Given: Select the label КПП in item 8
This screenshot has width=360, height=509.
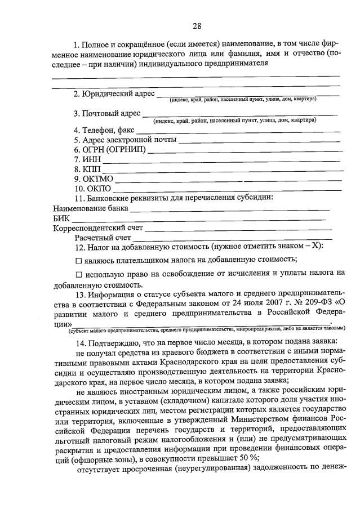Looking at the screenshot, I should coord(91,169).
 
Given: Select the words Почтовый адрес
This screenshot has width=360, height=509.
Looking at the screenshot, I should coord(112,114).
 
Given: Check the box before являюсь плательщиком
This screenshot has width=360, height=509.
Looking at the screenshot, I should coord(78,260).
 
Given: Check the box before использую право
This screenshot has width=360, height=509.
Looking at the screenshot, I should coord(78,274).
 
